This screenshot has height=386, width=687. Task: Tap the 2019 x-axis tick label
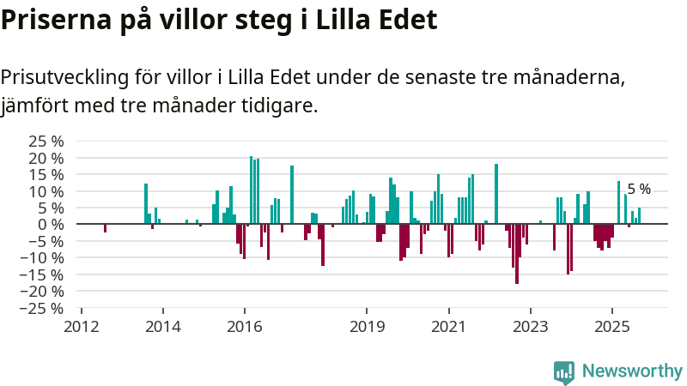tap(367, 326)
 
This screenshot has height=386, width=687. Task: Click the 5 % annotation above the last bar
tap(639, 190)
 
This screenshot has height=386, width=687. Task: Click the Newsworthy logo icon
tap(564, 371)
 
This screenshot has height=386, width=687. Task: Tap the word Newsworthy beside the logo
tap(632, 371)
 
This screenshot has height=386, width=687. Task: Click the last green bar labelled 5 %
tap(639, 215)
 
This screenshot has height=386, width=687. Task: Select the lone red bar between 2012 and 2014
tap(105, 227)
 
